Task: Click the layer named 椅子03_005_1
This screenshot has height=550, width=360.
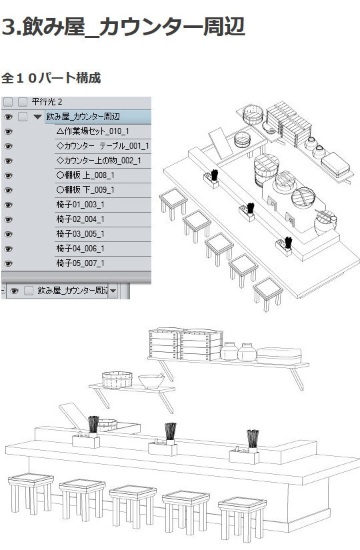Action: click(80, 233)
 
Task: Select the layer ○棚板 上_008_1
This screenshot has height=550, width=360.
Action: click(85, 175)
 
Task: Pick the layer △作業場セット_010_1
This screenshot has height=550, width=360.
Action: click(93, 131)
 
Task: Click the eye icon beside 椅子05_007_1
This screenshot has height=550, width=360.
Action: click(8, 263)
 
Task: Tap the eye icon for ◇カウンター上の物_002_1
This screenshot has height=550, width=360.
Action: click(8, 161)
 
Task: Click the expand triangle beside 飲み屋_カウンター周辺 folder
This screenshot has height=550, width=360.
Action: click(37, 117)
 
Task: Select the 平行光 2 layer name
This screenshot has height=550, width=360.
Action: click(47, 102)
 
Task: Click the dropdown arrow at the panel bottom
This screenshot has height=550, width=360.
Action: click(113, 291)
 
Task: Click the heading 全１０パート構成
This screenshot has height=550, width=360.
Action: click(51, 77)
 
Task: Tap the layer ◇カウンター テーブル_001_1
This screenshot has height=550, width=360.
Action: click(103, 146)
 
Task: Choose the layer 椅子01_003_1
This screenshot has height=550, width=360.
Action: click(80, 205)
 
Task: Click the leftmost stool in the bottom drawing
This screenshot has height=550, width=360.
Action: click(31, 492)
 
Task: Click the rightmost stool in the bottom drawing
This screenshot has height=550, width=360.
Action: click(242, 517)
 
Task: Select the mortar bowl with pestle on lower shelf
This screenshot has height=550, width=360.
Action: click(151, 381)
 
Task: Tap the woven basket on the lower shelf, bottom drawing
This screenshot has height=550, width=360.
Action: click(117, 380)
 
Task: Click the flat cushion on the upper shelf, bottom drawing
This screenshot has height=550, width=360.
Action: click(279, 356)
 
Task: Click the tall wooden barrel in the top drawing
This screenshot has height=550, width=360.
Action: click(266, 170)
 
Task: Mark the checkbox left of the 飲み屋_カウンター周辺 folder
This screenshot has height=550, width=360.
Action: click(23, 117)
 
